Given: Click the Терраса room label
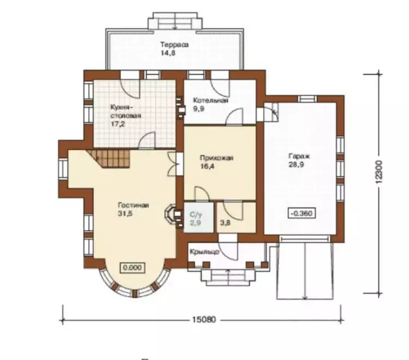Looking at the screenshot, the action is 175,45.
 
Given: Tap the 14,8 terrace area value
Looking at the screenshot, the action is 168,53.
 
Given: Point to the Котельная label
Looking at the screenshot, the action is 210,100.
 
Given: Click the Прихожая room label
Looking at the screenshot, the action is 216,158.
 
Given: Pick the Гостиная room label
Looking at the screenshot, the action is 133,205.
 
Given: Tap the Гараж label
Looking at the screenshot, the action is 299,156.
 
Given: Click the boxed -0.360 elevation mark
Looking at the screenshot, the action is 302,213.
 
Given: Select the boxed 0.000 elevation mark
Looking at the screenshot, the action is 133,268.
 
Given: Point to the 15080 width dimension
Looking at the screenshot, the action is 204,319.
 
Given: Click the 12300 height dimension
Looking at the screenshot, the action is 379,172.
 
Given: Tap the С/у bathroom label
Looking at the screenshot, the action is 196,215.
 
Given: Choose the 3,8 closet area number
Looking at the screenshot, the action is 225,223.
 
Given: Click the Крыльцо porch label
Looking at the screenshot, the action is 204,252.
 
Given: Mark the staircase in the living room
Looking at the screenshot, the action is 109,158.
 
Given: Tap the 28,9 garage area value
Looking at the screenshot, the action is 296,165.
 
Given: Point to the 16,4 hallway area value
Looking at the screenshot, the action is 207,166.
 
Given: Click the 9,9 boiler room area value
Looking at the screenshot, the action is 199,109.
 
